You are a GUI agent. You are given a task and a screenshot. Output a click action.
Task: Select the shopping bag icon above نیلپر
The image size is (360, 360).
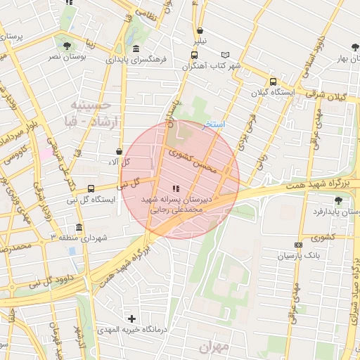[202, 31]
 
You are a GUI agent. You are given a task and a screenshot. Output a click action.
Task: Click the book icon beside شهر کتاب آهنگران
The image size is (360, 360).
[225, 55]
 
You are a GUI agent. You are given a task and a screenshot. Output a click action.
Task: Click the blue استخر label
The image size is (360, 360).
[214, 124]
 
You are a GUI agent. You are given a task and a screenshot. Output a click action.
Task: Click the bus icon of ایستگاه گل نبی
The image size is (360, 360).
[91, 188]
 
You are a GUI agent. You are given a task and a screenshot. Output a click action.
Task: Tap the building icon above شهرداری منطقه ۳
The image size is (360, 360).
[77, 229]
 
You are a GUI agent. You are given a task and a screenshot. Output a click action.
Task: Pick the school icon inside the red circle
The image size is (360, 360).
[175, 188]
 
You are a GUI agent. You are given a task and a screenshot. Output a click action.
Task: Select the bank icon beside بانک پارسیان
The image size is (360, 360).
[298, 245]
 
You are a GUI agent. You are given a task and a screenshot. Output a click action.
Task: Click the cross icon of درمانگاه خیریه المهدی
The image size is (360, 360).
[131, 319]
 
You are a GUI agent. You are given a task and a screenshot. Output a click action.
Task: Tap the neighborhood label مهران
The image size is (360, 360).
[214, 347]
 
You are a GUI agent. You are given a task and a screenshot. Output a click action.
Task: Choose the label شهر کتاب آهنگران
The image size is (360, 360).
[211, 66]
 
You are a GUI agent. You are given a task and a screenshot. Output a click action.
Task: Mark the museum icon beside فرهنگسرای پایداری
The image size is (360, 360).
[136, 49]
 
